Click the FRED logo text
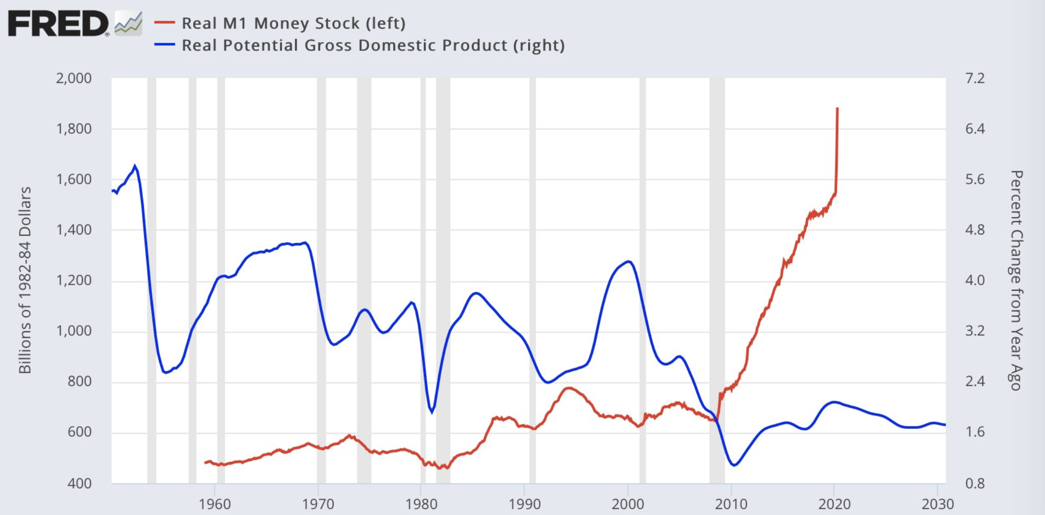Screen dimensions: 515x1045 [57, 23]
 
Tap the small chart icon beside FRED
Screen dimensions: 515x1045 [128, 23]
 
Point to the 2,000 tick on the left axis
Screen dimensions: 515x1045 [74, 78]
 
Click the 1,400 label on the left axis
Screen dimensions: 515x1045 [74, 229]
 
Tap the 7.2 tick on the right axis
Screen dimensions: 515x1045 [975, 78]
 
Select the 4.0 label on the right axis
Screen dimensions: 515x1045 [975, 280]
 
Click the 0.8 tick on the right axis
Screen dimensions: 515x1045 [975, 483]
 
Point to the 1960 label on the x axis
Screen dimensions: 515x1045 [215, 504]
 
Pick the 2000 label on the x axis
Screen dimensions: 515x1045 [628, 504]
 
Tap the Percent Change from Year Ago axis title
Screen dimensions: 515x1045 [1016, 280]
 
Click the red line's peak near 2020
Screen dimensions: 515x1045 [837, 109]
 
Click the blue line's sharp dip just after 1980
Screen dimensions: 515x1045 [432, 411]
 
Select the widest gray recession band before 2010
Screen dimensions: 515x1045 [717, 280]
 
